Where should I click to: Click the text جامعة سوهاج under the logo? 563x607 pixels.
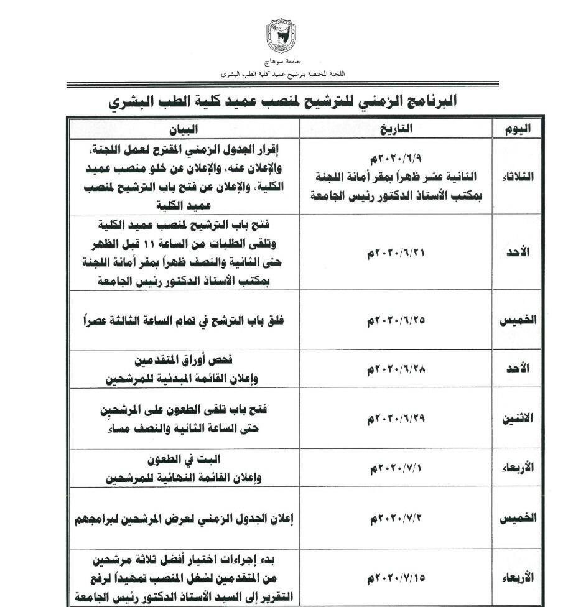pos(282,63)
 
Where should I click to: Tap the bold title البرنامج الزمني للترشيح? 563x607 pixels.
pos(282,100)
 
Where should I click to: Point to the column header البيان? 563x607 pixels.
pos(184,129)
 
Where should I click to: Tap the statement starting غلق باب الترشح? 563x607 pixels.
pos(184,321)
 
